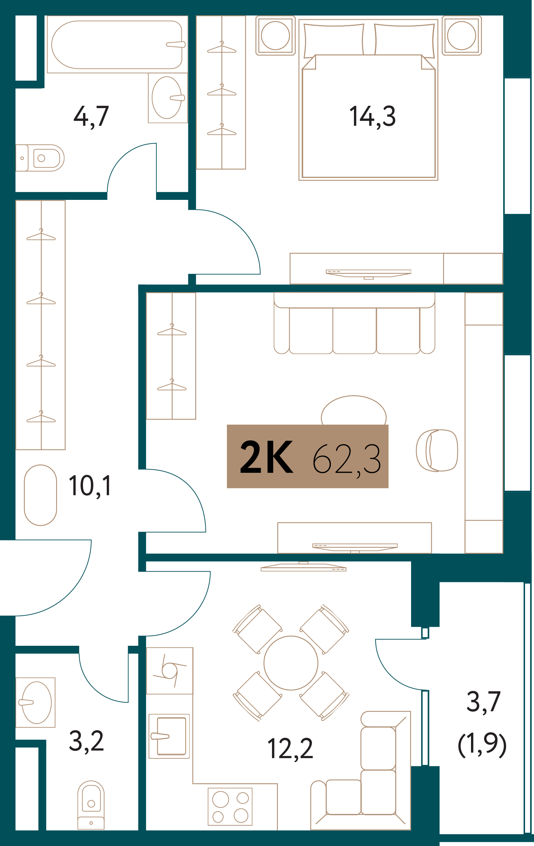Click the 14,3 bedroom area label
[x=372, y=116]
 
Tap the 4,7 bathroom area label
[x=91, y=116]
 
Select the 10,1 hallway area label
[x=90, y=486]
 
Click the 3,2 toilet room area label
[x=86, y=741]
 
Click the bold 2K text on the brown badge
[x=266, y=457]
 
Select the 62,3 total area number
[x=346, y=459]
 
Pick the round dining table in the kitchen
[x=291, y=663]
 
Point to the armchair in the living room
[x=437, y=451]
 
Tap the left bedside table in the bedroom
[x=275, y=35]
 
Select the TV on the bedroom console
[x=368, y=273]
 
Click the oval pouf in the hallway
[x=40, y=496]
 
